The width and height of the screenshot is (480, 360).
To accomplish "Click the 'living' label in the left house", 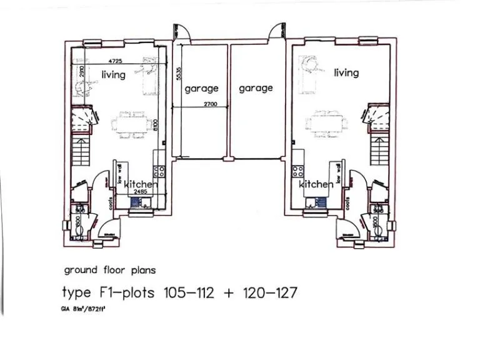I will (x=113, y=74).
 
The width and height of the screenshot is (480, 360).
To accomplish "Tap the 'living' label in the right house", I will (x=346, y=72).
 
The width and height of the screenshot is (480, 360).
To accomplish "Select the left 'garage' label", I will (x=201, y=89).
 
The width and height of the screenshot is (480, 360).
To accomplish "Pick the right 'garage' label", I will (x=256, y=89).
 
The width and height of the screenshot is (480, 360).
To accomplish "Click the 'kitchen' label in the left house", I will (x=141, y=184).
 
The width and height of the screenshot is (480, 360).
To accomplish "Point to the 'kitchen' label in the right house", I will (x=316, y=184).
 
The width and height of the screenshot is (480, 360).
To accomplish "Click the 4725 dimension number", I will (x=115, y=61).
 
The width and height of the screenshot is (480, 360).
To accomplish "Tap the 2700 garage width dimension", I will (x=210, y=104).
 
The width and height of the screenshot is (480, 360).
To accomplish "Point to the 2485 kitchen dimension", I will (x=140, y=192).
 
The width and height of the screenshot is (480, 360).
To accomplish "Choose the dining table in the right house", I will (x=326, y=121).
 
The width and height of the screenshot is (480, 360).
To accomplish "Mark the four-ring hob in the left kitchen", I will (x=160, y=171).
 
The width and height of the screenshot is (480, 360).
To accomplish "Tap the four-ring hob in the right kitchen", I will (x=297, y=171).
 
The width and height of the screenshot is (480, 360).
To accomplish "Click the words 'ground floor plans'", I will (x=109, y=271).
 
